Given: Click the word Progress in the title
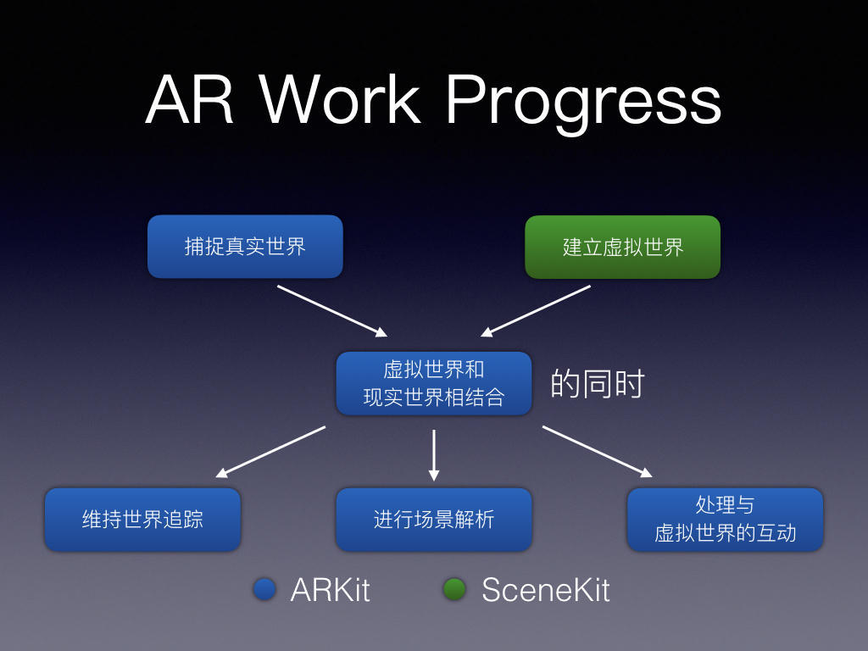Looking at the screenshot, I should (x=582, y=102).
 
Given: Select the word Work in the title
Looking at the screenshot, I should (x=340, y=102).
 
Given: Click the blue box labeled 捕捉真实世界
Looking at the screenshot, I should (x=245, y=247).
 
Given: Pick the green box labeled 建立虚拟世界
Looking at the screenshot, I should (x=622, y=247).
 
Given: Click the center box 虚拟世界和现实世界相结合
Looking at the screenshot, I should (x=433, y=383).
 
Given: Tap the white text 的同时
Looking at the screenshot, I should (x=598, y=384).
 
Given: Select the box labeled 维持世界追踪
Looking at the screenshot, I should (x=142, y=519).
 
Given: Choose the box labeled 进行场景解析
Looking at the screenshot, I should (x=433, y=519).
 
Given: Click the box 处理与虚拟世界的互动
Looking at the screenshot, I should (x=725, y=519).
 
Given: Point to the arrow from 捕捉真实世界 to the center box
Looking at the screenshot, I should (x=332, y=310).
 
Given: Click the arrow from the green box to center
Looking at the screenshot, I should (x=536, y=310).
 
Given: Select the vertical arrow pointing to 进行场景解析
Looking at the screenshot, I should (x=433, y=455).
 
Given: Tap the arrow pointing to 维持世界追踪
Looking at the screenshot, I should (x=270, y=452).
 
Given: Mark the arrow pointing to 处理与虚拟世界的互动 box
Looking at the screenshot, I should (x=598, y=451).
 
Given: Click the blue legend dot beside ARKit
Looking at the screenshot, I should (x=264, y=589).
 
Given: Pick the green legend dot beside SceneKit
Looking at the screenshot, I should (x=454, y=589).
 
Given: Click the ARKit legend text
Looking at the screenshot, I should (x=330, y=590).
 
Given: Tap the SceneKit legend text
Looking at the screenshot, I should (x=545, y=590).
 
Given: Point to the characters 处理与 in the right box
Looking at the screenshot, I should (x=725, y=505).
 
